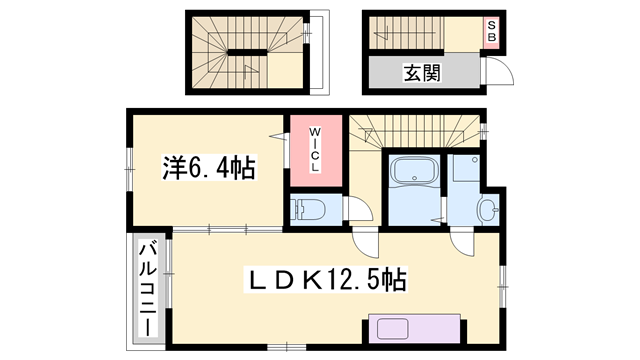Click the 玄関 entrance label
[x=422, y=73]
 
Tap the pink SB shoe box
[x=491, y=32]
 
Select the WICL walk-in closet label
[x=315, y=149]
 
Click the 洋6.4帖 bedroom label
[x=209, y=167]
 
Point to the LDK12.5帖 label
[x=325, y=280]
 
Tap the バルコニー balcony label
[x=148, y=289]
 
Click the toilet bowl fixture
[x=308, y=209]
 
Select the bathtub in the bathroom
[x=414, y=171]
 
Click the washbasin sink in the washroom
[x=488, y=210]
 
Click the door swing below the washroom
[x=463, y=244]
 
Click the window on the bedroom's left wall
[x=129, y=169]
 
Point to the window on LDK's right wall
[x=503, y=287]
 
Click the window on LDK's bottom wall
[x=287, y=347]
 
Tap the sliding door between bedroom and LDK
[x=227, y=230]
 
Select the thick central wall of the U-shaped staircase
[x=247, y=52]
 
